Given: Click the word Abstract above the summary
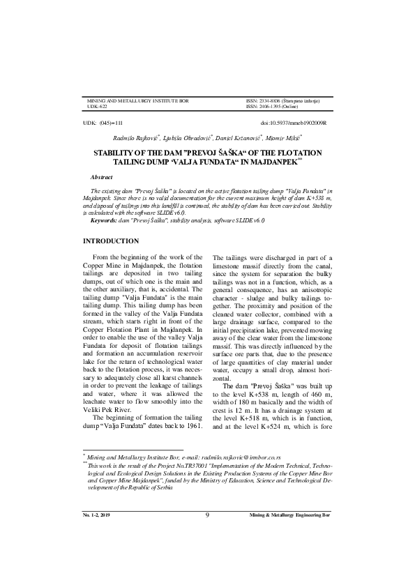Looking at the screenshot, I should [x=103, y=178].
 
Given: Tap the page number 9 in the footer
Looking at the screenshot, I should [x=208, y=554].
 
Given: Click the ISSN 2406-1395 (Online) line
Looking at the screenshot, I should [x=273, y=107].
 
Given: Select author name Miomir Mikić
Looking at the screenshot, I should [x=287, y=138].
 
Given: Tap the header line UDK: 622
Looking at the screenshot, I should [x=97, y=107].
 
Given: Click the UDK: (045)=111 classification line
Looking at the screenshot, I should [x=103, y=123].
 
